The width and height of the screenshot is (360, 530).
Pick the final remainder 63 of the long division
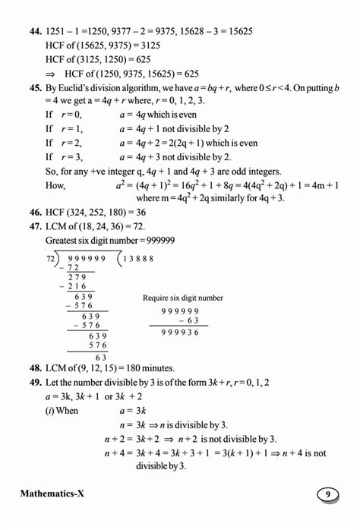click(99, 355)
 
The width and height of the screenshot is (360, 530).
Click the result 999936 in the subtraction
click(181, 333)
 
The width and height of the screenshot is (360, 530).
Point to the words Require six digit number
click(183, 298)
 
